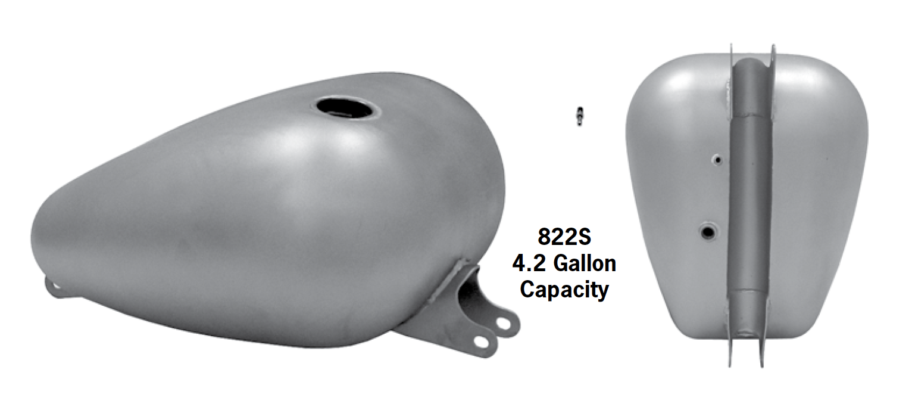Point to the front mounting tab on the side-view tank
[x=55, y=288]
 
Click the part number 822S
[x=564, y=237]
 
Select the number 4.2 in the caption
[x=529, y=263]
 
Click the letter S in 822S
[x=584, y=237]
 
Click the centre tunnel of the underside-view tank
[x=751, y=197]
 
